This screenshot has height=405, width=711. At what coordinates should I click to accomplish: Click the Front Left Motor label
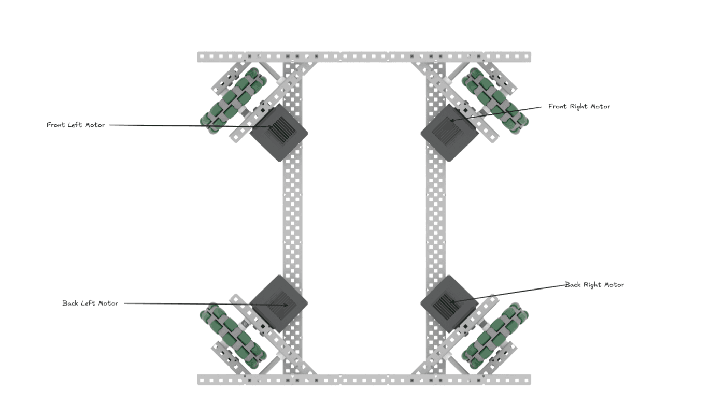[76, 125]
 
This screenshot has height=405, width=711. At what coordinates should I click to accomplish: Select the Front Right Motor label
[579, 106]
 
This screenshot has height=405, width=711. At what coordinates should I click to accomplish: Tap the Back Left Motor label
[90, 303]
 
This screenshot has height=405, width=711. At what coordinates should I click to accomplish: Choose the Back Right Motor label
[594, 284]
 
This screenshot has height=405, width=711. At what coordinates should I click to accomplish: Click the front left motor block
[279, 132]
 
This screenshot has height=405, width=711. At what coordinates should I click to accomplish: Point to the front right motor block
[449, 132]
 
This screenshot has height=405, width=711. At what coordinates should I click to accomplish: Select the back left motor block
[279, 303]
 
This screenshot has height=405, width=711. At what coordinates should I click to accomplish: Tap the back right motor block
[449, 303]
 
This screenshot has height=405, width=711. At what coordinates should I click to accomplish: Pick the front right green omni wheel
[495, 100]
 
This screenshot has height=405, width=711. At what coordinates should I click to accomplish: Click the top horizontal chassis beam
[364, 56]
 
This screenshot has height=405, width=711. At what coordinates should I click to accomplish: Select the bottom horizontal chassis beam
[364, 380]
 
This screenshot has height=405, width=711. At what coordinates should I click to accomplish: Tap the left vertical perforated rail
[292, 218]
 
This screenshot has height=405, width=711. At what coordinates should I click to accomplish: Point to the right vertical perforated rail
[435, 218]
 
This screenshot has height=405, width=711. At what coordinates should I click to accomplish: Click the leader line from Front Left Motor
[181, 125]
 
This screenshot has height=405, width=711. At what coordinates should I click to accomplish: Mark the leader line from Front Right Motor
[497, 113]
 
